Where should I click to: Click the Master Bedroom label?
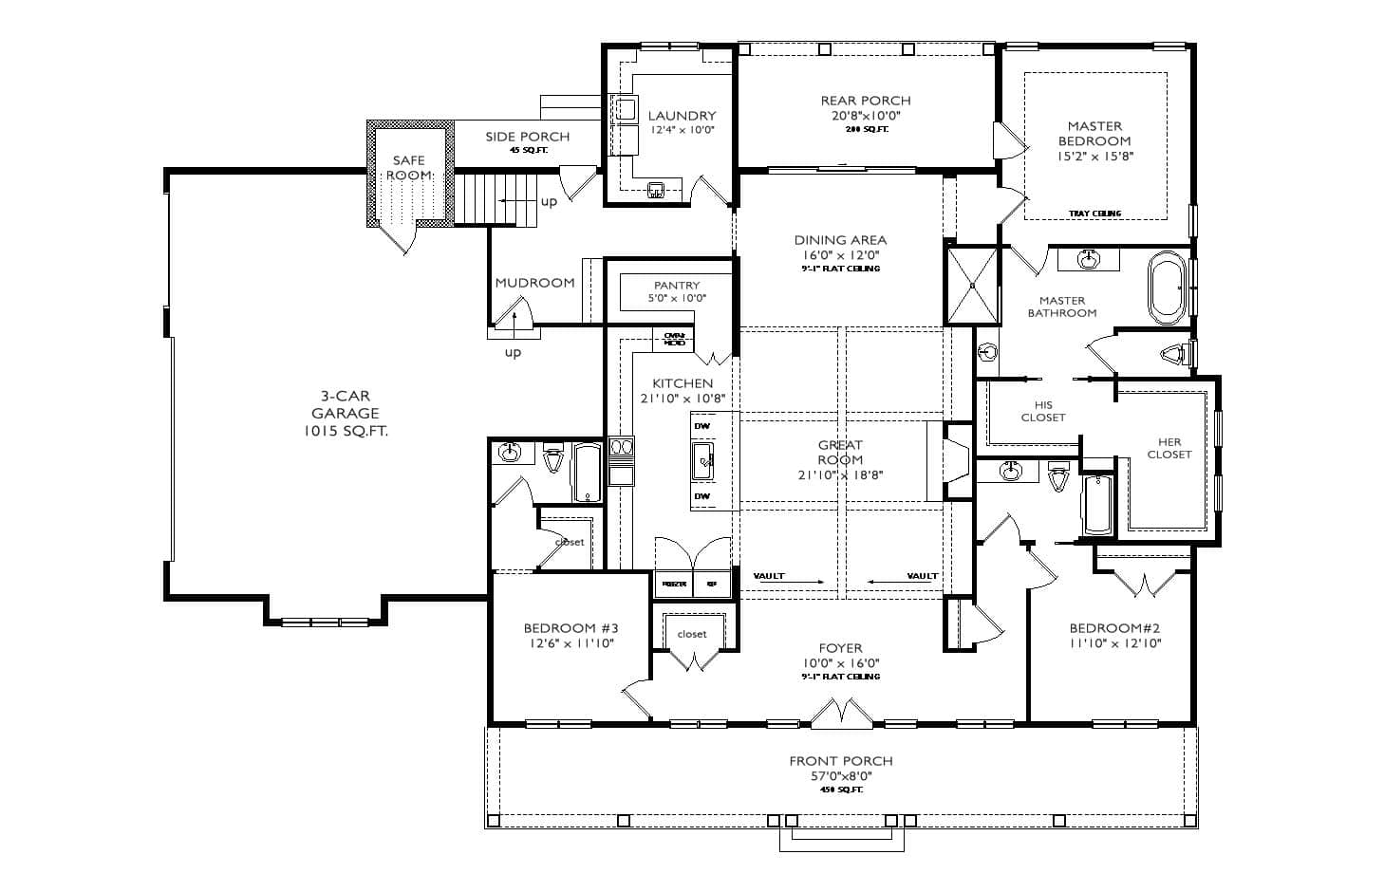1094,134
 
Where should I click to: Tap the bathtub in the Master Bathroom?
1167,285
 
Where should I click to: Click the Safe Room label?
409,168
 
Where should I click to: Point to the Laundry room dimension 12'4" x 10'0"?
682,130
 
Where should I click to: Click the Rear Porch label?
866,101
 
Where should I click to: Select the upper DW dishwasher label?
701,427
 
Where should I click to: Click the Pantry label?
677,285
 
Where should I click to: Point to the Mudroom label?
534,283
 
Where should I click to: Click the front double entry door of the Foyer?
840,714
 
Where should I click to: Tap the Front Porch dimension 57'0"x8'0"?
840,775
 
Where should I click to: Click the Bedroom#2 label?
1114,628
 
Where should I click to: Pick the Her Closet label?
1169,448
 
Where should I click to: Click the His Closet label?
1043,411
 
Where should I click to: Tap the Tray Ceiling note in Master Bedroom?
1094,214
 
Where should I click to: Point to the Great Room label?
840,452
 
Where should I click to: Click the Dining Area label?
840,240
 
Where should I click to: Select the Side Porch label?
528,137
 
